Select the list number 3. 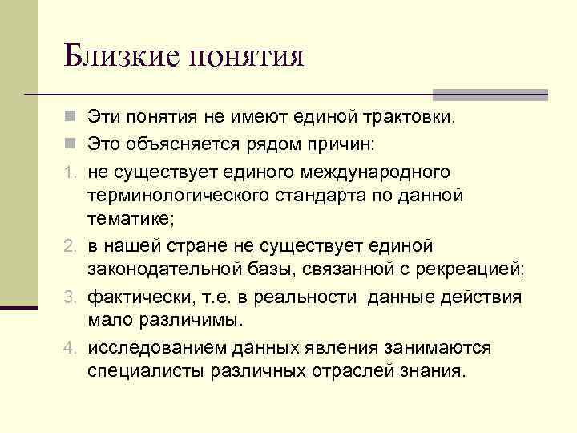coord(70,298)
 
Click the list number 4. coord(70,350)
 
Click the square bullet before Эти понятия coord(71,119)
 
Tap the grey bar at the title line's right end coord(490,94)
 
